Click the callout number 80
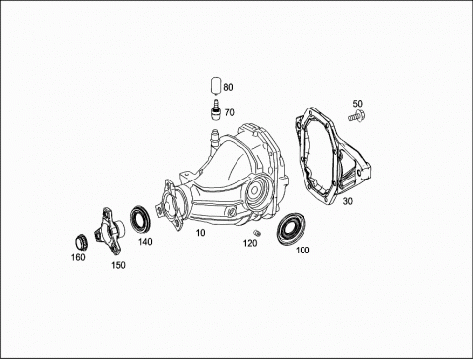click(228, 87)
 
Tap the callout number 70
click(230, 112)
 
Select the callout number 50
click(358, 104)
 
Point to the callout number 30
click(348, 201)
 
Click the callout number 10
click(200, 233)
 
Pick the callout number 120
click(250, 243)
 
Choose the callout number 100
click(303, 251)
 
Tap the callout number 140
click(145, 242)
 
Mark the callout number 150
click(118, 265)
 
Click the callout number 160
click(78, 257)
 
